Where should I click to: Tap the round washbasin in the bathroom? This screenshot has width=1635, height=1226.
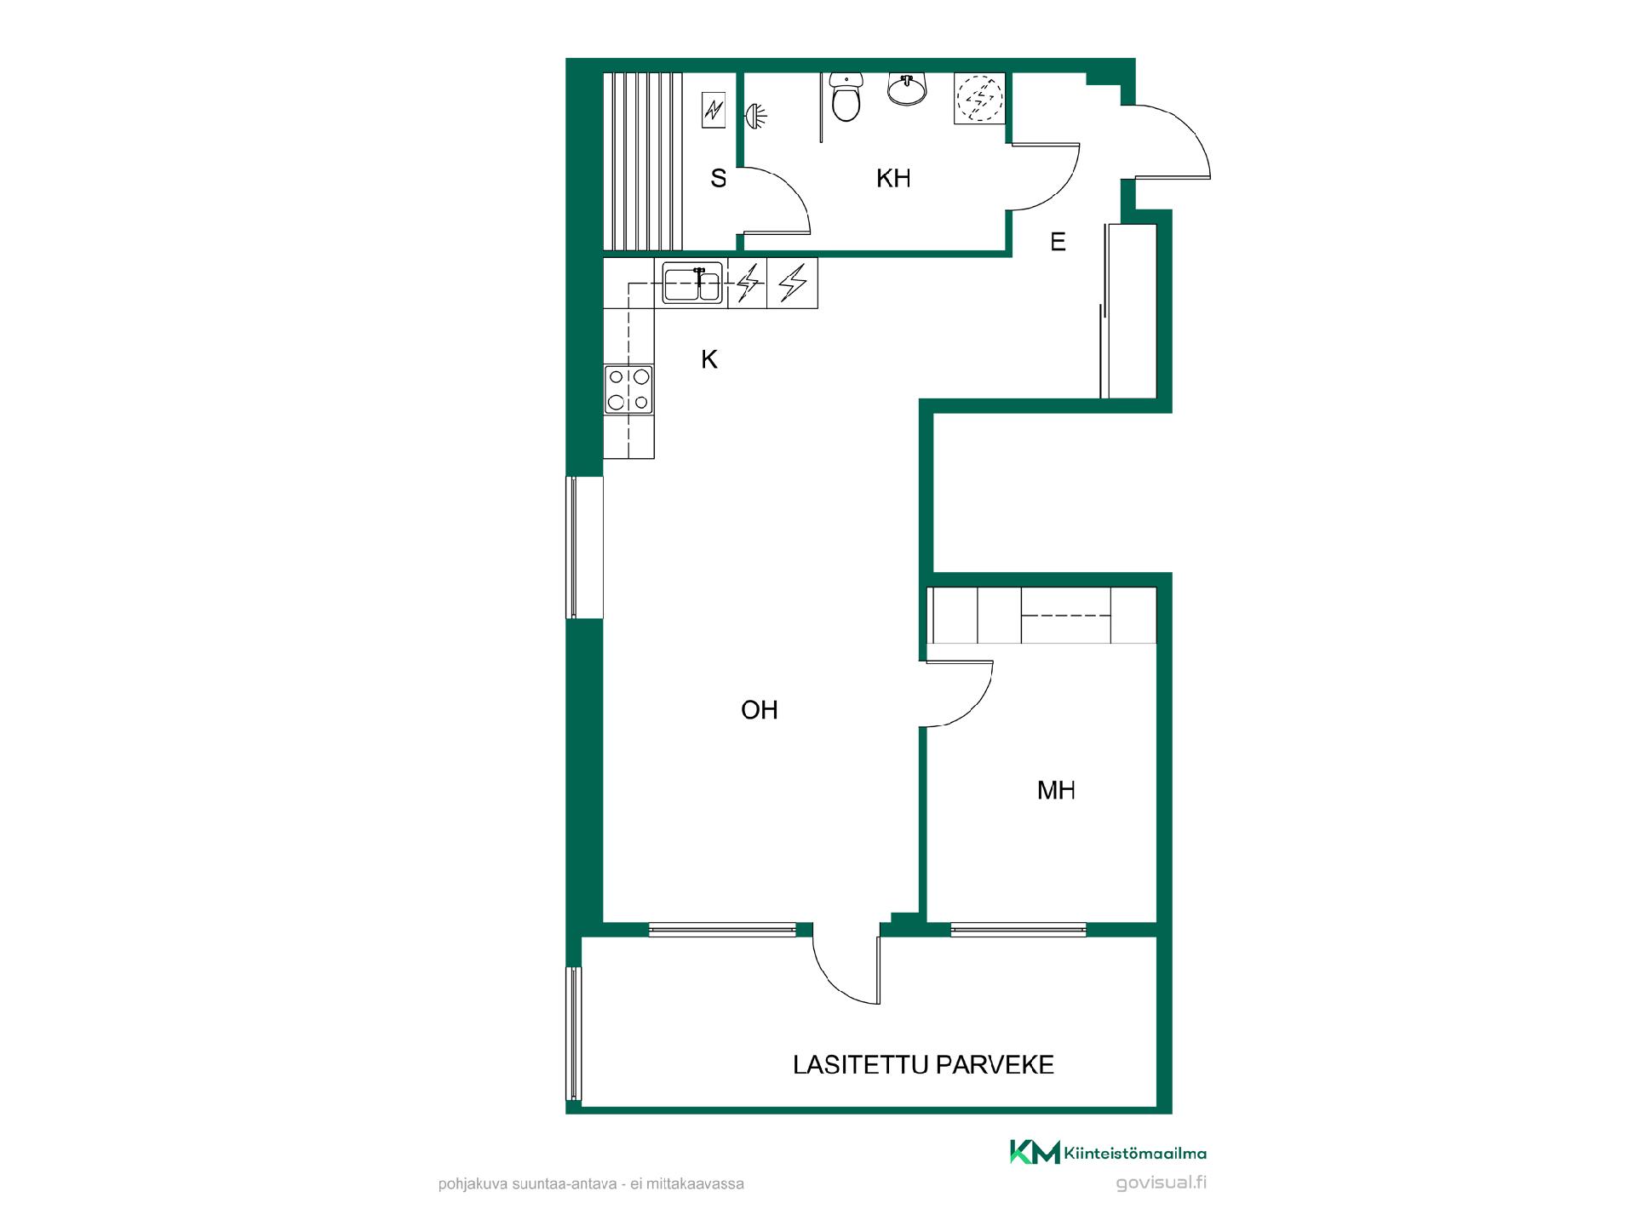point(907,88)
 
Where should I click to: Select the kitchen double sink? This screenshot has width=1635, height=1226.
point(693,283)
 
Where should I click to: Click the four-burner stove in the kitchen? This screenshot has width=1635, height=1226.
point(628,390)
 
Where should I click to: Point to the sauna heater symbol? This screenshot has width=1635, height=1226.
point(714,110)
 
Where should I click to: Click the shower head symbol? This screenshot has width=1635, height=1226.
point(754,116)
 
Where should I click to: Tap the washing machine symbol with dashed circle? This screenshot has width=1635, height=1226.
point(979,99)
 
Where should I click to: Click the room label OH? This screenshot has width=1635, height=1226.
point(760,710)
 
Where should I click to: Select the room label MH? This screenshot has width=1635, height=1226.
point(1056,791)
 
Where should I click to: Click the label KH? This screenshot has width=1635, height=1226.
point(893,179)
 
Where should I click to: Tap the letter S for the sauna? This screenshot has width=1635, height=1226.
point(719,179)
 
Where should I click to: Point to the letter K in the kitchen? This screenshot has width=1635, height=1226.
point(709,360)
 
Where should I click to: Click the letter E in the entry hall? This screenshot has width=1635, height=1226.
point(1058,243)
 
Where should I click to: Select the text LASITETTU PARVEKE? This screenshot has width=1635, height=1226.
point(924,1065)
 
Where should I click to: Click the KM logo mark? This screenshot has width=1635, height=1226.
point(1035,1152)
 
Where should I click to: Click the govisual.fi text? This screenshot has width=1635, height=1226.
point(1162,1183)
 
